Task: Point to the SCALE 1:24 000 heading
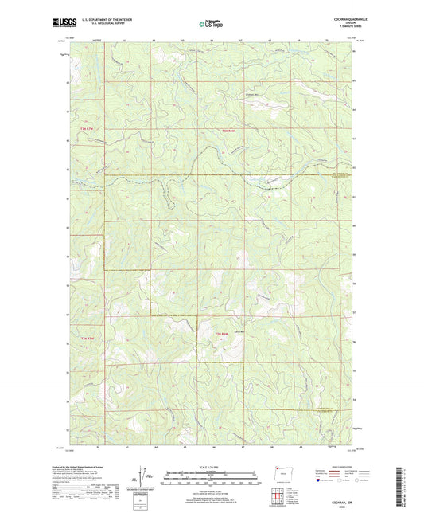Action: pos(212,465)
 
